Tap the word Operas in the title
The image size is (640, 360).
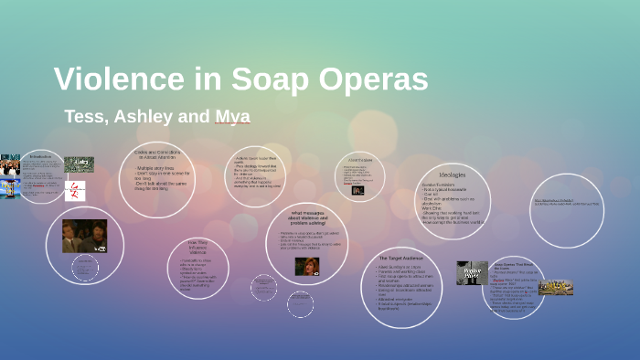point(368,79)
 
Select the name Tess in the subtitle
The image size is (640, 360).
point(85,117)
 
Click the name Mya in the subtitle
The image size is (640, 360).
point(232,117)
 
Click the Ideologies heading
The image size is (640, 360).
point(452,175)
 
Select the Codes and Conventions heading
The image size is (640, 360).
point(157,154)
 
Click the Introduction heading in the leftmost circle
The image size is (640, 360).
point(40,156)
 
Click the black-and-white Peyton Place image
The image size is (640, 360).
point(472,272)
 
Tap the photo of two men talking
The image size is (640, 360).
point(84,236)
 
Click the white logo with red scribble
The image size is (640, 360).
point(76,191)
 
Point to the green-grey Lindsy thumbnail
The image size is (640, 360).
point(79,164)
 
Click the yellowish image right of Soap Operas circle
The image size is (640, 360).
point(555,287)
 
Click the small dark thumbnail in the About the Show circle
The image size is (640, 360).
point(357,190)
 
